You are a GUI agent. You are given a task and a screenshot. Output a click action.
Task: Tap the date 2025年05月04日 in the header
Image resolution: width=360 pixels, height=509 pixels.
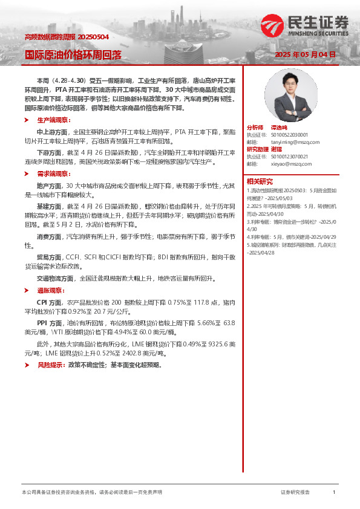point(305,55)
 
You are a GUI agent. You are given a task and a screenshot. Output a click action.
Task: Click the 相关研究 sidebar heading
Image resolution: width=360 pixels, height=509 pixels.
point(260,181)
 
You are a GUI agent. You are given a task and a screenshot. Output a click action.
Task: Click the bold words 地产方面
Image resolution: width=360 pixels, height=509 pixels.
point(49,186)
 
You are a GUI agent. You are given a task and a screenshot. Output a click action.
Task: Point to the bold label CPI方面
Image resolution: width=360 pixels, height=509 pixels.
point(49,301)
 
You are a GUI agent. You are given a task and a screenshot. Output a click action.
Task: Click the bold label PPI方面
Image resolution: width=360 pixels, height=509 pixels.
point(49,323)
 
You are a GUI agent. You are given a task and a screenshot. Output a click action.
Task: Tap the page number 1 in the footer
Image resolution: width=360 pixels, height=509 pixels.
point(334,493)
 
